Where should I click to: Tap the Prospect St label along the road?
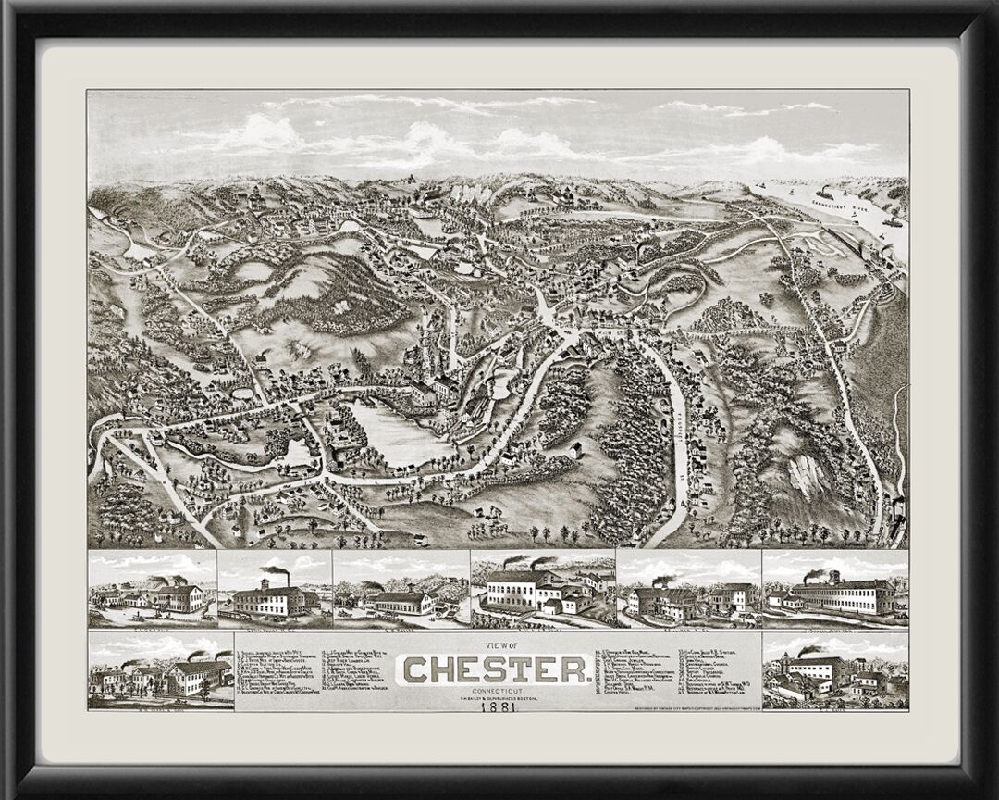pos(682,421)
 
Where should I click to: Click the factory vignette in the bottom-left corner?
pos(161,670)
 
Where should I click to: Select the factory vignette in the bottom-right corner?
pos(835,670)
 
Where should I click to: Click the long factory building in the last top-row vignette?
pos(842,596)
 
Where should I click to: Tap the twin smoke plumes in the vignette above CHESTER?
pos(527,561)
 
